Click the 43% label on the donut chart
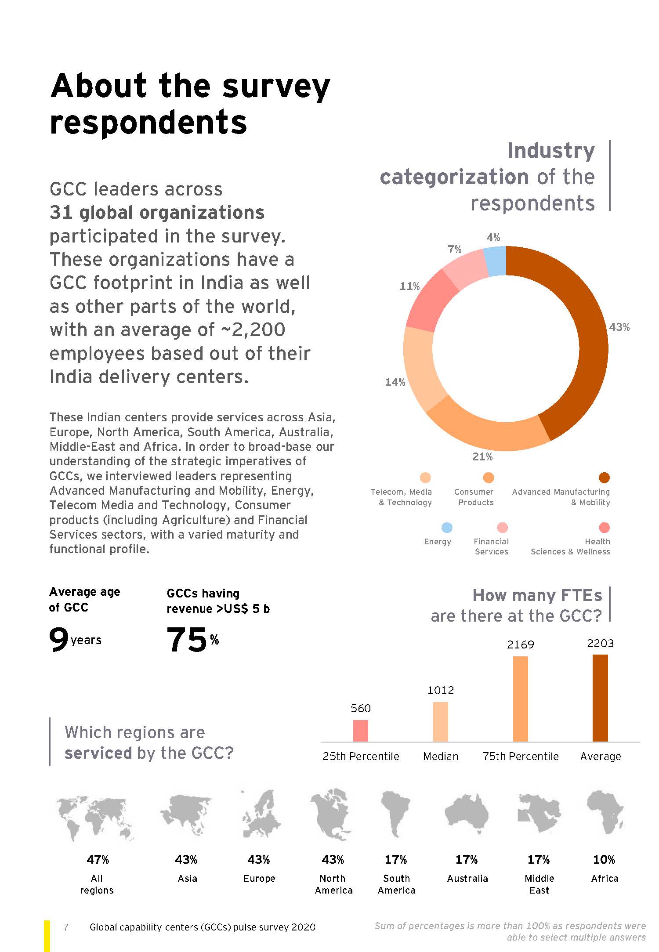click(x=619, y=327)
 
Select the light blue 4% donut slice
click(x=495, y=261)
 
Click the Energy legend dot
click(x=446, y=527)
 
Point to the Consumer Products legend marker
click(x=488, y=478)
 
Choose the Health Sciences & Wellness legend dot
click(x=604, y=527)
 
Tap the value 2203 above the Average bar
click(x=600, y=644)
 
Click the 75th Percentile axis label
click(x=520, y=756)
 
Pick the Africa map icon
click(x=605, y=812)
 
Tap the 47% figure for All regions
click(x=98, y=859)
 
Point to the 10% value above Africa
click(x=604, y=859)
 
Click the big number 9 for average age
click(x=58, y=639)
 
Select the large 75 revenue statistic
click(x=186, y=640)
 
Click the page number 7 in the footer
click(x=66, y=927)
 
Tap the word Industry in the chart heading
click(x=551, y=151)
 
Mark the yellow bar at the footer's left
click(x=47, y=935)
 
